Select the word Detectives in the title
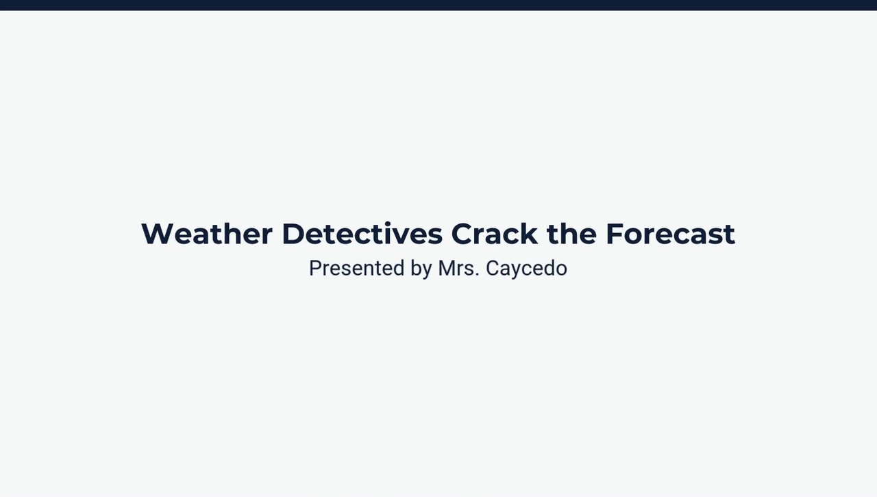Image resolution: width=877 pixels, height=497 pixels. (x=362, y=234)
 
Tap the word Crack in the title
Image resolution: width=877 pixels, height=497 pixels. (x=494, y=234)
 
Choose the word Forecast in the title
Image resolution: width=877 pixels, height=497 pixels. (x=670, y=234)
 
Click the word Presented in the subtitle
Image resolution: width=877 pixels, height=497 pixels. (x=356, y=268)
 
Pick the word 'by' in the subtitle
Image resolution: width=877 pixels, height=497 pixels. (x=421, y=269)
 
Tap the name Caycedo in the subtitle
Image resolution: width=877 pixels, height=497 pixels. (x=526, y=269)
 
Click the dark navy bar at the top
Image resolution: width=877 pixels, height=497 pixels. (x=438, y=5)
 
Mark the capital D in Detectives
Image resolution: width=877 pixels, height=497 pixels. (x=293, y=234)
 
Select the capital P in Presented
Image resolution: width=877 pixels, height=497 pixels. (x=315, y=268)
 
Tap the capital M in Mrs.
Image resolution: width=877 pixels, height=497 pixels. (x=447, y=268)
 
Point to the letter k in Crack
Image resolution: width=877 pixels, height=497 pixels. (x=529, y=234)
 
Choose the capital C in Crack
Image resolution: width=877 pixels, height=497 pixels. (x=462, y=234)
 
